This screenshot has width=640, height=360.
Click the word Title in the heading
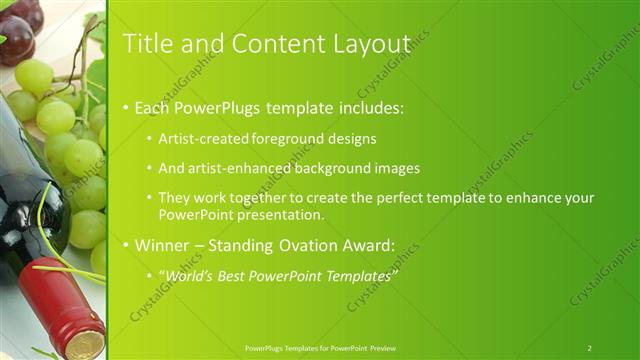(143, 43)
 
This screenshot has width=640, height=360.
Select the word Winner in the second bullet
(160, 244)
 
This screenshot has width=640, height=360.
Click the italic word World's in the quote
(193, 275)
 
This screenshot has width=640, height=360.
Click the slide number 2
(589, 347)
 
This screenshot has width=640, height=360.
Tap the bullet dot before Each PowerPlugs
(125, 107)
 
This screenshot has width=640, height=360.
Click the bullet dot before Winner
(125, 245)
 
